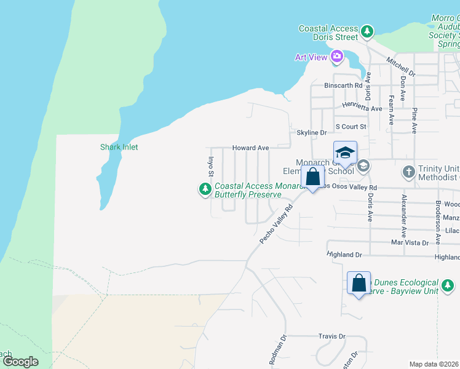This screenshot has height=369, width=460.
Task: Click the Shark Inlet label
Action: coord(119,147)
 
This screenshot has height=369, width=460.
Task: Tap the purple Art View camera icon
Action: coord(336,57)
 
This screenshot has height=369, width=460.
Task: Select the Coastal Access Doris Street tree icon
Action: coord(367,31)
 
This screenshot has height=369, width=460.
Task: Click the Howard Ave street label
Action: coord(250,148)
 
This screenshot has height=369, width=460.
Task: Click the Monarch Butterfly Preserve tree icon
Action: coord(204,190)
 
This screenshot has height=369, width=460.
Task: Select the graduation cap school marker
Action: coord(345,153)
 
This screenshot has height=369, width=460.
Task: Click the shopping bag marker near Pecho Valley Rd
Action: coord(313,177)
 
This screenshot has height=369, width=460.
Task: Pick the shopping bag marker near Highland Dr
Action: coord(359,283)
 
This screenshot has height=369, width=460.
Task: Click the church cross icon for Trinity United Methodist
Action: coord(409,172)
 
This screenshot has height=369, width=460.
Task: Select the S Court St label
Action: coord(351,127)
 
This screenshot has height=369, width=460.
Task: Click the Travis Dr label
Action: coord(332,336)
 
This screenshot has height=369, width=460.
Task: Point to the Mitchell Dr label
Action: coord(401,67)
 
